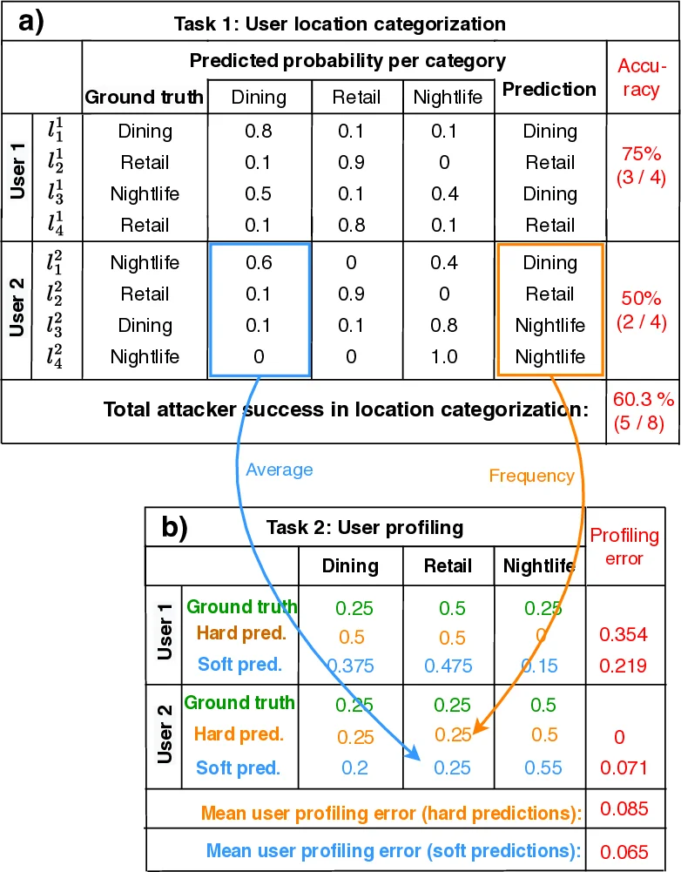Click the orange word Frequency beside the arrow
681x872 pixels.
532,476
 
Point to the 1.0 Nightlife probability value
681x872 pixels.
444,356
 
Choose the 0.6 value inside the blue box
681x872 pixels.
259,262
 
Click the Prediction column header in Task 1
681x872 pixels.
550,89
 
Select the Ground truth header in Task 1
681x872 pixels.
144,98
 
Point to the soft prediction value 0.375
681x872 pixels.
350,666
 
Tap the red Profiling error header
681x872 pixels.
624,545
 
